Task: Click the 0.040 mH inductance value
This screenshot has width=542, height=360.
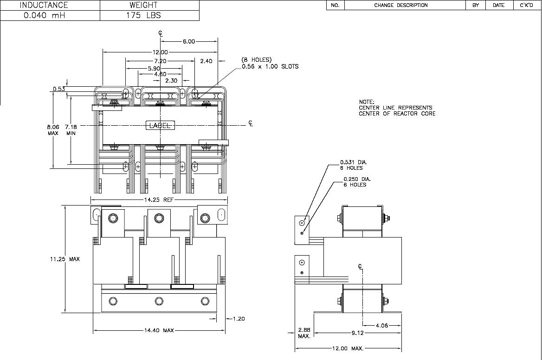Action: click(x=44, y=15)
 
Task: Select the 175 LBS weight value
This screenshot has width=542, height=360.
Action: click(x=143, y=15)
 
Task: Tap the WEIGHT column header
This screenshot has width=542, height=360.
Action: click(x=143, y=5)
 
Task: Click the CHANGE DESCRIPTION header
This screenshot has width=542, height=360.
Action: click(x=401, y=5)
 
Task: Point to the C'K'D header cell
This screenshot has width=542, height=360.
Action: click(x=526, y=5)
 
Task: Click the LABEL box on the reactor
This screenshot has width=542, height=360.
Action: click(x=160, y=125)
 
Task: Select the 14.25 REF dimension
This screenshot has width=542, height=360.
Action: click(x=159, y=199)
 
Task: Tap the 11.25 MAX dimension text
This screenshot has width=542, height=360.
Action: click(x=65, y=259)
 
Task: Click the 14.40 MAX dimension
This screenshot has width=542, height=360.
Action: click(x=159, y=330)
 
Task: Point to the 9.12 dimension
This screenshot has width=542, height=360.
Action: click(x=357, y=333)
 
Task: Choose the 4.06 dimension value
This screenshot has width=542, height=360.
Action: click(x=381, y=325)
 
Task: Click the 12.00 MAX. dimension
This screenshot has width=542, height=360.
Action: click(x=348, y=348)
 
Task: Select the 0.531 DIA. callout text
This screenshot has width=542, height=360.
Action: click(x=354, y=162)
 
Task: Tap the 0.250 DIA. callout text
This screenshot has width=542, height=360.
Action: click(x=357, y=179)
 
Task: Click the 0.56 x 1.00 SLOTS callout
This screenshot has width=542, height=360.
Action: click(x=270, y=66)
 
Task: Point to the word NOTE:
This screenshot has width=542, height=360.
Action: click(x=367, y=102)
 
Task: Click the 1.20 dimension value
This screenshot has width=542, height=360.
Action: click(x=239, y=319)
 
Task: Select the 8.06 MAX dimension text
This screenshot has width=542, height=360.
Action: click(x=53, y=130)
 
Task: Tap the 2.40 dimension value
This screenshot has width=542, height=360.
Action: click(x=206, y=61)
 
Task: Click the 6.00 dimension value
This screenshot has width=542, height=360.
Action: click(x=189, y=41)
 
